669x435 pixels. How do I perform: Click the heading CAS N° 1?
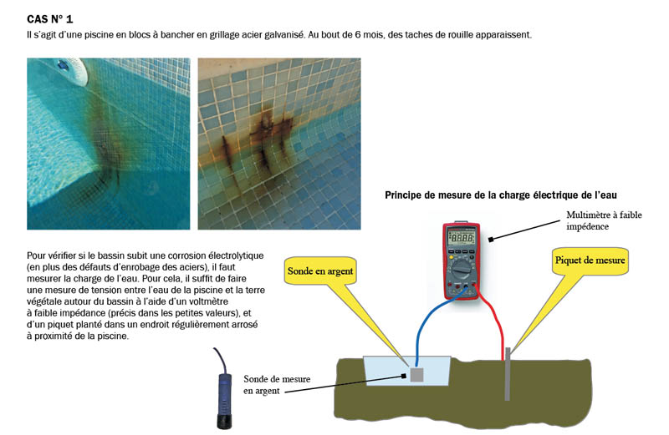click(56, 18)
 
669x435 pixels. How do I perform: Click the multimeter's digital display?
click(462, 239)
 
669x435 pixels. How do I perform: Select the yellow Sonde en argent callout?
click(320, 271)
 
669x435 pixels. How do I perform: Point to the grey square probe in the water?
click(416, 376)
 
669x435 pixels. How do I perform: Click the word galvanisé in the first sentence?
click(278, 35)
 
